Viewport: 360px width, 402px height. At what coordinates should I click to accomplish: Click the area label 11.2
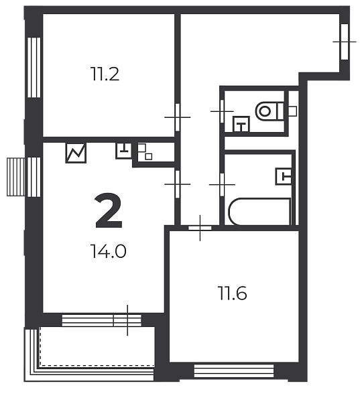tap(105, 74)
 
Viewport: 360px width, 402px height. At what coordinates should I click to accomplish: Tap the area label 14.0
tap(108, 251)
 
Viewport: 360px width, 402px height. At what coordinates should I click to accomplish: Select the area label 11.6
tap(232, 293)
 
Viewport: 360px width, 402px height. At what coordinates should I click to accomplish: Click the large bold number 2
tap(109, 211)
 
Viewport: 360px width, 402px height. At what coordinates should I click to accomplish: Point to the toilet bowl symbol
tap(269, 111)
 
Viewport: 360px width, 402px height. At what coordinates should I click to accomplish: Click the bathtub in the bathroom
tap(259, 212)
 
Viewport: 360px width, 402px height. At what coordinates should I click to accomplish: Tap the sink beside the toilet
tap(241, 124)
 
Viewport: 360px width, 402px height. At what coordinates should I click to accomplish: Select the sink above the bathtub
tap(284, 176)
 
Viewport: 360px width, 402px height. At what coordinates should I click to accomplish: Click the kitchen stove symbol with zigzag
tap(76, 153)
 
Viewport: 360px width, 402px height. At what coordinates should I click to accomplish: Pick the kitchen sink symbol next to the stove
tap(123, 151)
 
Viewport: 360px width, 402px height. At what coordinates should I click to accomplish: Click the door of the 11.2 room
tap(177, 117)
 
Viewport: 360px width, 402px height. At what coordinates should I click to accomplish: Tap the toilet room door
tap(222, 111)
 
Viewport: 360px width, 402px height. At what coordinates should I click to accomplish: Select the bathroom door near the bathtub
tap(222, 185)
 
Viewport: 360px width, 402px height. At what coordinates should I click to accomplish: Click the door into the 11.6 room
tap(200, 228)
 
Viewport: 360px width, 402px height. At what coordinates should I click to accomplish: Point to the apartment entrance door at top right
tap(345, 42)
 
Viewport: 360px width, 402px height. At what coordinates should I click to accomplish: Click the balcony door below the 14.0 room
tap(127, 320)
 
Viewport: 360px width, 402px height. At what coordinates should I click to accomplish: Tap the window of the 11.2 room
tap(34, 68)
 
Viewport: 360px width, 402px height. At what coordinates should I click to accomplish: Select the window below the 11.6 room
tap(234, 371)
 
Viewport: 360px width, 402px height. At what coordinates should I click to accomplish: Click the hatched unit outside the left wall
tap(15, 177)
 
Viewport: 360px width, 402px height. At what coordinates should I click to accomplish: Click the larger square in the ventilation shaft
tap(141, 148)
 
